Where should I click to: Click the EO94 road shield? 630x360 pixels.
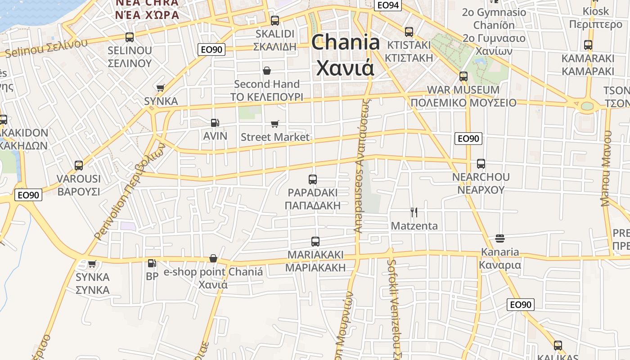388,5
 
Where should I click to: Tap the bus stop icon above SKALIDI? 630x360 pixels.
274,21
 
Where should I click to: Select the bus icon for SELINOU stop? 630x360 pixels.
130,37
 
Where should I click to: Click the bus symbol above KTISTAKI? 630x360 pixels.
409,32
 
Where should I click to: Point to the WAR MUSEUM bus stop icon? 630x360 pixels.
463,76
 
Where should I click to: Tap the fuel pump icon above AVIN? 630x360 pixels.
215,122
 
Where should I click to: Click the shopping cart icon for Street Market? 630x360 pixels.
274,124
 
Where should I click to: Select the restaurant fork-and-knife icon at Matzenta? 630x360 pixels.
414,212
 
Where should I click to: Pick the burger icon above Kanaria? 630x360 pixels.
499,238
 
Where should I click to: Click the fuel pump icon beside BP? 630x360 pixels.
152,263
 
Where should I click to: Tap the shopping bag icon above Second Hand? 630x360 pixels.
267,71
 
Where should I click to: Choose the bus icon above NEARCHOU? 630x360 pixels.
481,164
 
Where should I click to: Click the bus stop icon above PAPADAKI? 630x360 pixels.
313,180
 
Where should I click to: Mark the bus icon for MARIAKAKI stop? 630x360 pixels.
315,242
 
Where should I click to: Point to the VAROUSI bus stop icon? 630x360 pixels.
79,166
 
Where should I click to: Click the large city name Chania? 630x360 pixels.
346,43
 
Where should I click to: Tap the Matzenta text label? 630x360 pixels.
414,225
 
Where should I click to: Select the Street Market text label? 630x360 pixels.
275,137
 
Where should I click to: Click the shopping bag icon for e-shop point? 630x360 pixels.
213,259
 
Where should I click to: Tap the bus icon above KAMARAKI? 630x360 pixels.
588,45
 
